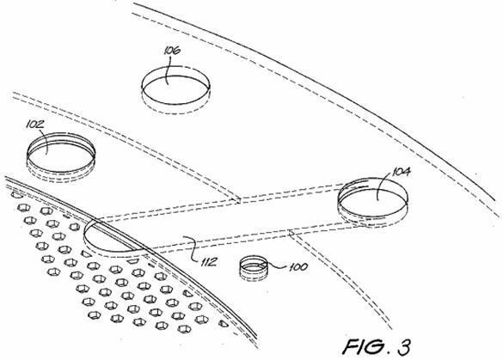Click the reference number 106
click(x=172, y=51)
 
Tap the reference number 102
click(x=34, y=125)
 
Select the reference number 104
click(x=401, y=172)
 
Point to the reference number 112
click(x=209, y=262)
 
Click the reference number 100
click(x=298, y=267)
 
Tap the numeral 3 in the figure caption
click(x=404, y=347)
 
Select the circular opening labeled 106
click(x=175, y=89)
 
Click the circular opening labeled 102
click(x=61, y=156)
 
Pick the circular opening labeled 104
click(x=373, y=202)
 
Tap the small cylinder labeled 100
click(x=254, y=268)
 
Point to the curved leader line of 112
click(x=192, y=249)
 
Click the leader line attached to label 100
click(x=277, y=265)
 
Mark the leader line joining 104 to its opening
click(x=384, y=186)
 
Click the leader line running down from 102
click(x=47, y=142)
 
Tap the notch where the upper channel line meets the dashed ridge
click(x=239, y=199)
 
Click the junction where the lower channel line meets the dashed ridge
click(x=291, y=234)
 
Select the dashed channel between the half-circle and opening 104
click(x=224, y=221)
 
